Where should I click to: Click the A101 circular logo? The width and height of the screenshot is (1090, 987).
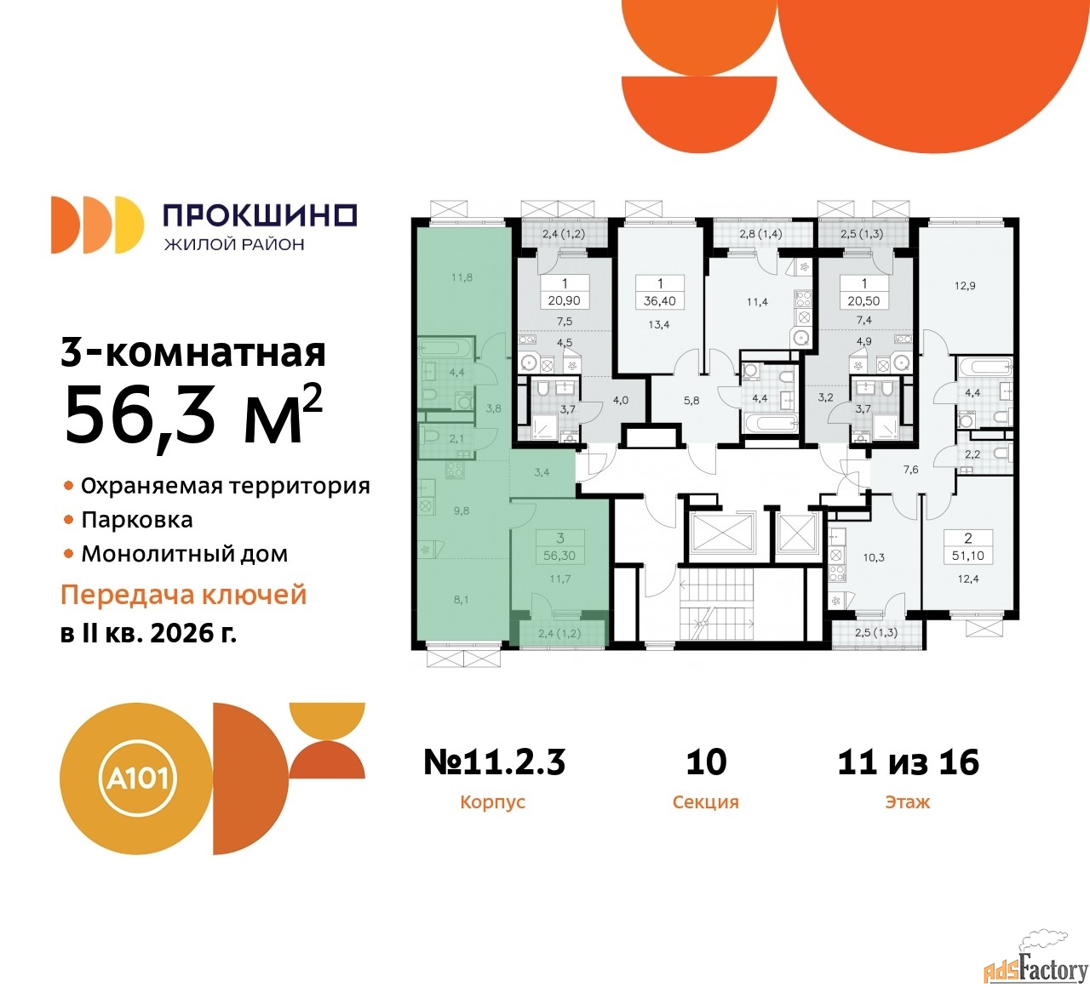click(135, 779)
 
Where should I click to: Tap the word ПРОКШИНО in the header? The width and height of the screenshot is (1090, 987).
click(261, 215)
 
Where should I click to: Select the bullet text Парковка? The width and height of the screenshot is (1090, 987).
click(137, 520)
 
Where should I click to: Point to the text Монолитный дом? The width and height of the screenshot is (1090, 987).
click(184, 554)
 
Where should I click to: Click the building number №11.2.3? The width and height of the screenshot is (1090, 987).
click(494, 762)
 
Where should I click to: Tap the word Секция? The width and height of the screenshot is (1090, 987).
click(705, 802)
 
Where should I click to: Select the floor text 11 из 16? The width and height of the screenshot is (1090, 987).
click(908, 762)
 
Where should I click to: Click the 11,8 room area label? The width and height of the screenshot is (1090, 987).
click(462, 277)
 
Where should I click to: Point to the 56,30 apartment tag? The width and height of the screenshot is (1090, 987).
click(559, 556)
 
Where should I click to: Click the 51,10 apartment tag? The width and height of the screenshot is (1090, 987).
click(967, 556)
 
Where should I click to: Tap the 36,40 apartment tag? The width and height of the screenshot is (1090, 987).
click(660, 300)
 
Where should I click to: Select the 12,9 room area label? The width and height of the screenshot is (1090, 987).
click(965, 286)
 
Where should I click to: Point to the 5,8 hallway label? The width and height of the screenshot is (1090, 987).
click(691, 401)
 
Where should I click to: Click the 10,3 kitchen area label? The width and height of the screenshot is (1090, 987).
click(874, 557)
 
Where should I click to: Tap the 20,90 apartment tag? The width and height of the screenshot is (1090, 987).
click(564, 300)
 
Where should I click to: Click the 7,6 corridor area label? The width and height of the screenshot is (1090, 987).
click(910, 469)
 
